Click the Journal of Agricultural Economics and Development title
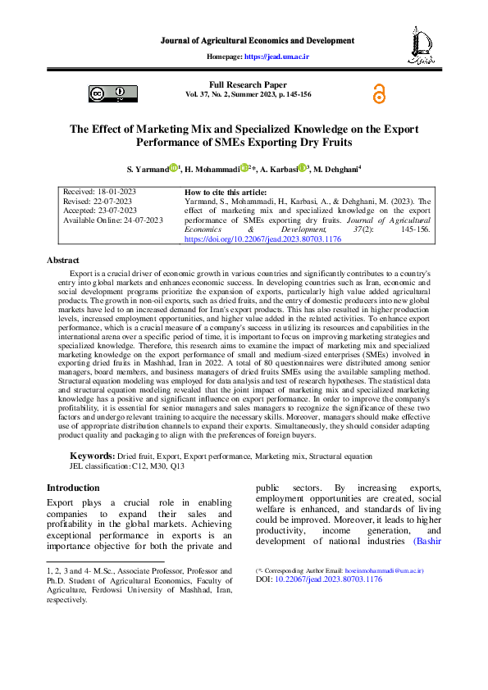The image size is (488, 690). click(257, 40)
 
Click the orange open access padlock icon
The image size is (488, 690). click(379, 94)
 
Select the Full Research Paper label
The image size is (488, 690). click(248, 84)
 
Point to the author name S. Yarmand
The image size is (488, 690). click(148, 169)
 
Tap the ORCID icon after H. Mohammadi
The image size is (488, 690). click(244, 168)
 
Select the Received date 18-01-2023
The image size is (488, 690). click(99, 192)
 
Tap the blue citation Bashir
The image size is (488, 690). click(427, 542)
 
